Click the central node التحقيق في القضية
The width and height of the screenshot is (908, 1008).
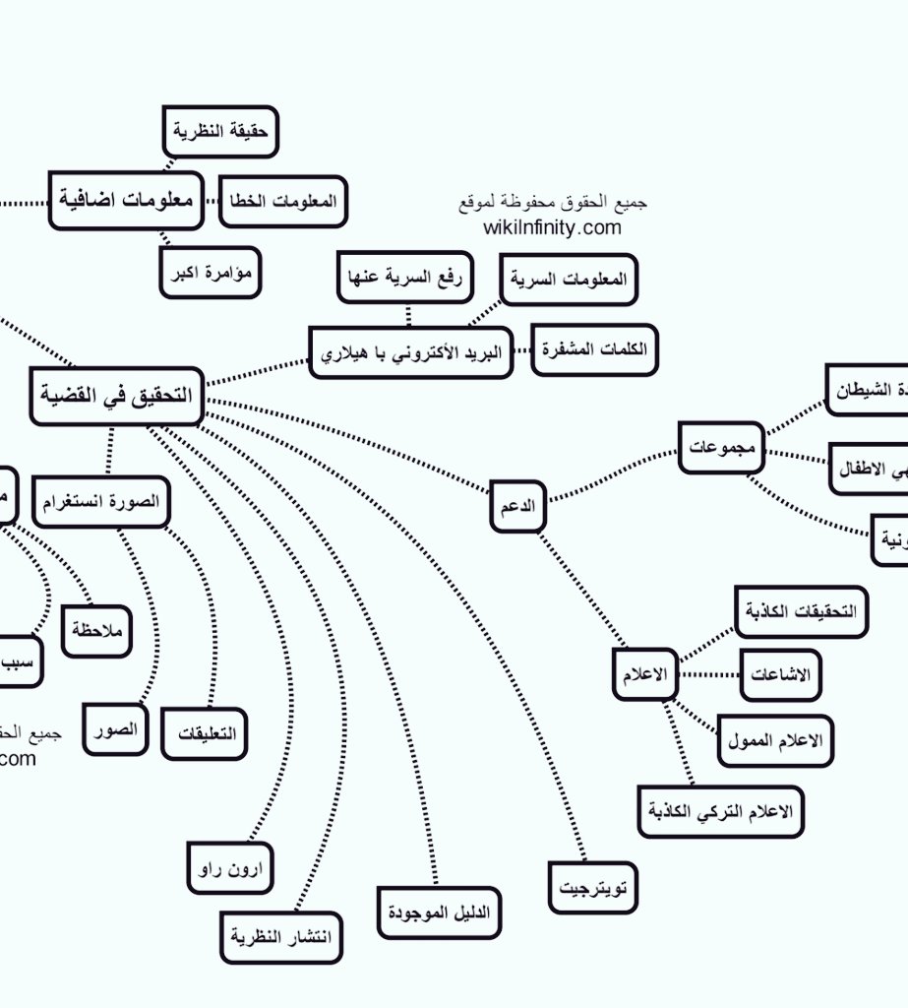pos(116,396)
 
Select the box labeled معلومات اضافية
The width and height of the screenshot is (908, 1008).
pos(125,200)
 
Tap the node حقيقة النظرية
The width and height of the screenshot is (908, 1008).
pos(220,132)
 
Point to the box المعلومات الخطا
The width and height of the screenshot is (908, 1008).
pos(283,201)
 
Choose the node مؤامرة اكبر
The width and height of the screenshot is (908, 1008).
pos(211,273)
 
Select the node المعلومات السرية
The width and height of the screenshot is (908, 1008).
pos(569,280)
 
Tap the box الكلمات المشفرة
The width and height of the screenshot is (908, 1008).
pos(595,351)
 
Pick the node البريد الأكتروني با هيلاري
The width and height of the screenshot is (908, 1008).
pos(412,352)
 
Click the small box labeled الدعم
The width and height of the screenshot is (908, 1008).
pos(517,506)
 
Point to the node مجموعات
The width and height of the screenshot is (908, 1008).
pos(721,447)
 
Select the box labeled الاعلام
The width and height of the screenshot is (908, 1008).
pos(645,674)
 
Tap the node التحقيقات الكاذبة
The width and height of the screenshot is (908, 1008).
pos(801,611)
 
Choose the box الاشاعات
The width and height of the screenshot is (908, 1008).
pos(780,675)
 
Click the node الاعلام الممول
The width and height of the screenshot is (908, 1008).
pos(775,741)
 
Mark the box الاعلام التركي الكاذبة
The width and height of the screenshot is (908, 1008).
pos(720,812)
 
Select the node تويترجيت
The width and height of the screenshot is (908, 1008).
pos(593,887)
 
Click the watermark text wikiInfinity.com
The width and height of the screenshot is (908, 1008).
pos(552,227)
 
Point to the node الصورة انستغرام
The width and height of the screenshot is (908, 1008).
pos(101,502)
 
